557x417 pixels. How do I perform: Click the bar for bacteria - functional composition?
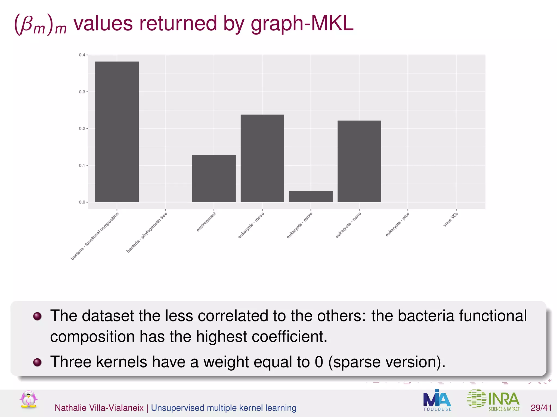click(117, 132)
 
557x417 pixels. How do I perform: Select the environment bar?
click(214, 178)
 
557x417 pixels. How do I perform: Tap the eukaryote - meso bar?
click(262, 158)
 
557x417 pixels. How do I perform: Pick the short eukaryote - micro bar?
click(311, 197)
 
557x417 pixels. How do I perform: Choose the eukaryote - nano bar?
click(359, 161)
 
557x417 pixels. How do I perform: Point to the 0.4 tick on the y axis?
click(82, 55)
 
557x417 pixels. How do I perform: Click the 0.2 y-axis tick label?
click(82, 129)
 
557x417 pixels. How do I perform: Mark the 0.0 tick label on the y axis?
click(82, 202)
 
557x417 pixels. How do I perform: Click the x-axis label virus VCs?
click(451, 220)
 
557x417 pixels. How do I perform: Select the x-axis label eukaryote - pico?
click(397, 225)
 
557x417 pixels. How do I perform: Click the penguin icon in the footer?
click(29, 399)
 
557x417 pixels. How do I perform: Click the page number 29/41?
click(541, 408)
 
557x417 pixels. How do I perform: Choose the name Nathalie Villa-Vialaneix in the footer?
click(99, 408)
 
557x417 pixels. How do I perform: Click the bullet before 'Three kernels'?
click(37, 362)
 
